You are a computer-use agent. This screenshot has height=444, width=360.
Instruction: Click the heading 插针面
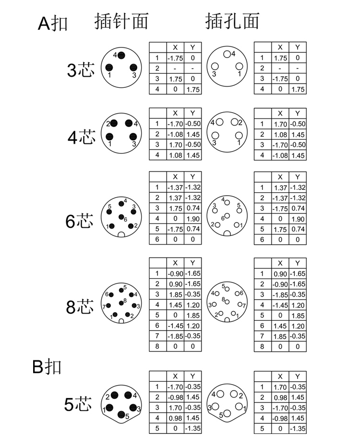click(121, 21)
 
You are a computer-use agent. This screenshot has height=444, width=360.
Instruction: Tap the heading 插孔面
click(232, 21)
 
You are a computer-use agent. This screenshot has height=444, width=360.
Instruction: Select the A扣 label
click(53, 23)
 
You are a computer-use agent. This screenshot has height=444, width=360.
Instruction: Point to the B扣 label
click(47, 366)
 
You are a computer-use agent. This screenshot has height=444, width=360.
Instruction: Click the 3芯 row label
click(81, 70)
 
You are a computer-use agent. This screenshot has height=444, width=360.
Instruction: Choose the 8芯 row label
click(80, 306)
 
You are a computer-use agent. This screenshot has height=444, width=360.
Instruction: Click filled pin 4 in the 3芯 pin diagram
click(121, 55)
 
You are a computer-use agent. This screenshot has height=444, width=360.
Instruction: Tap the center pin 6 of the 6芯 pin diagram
click(121, 217)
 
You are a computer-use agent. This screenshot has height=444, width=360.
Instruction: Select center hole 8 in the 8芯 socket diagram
click(227, 302)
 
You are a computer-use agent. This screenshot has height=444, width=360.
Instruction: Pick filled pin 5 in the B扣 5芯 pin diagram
click(121, 414)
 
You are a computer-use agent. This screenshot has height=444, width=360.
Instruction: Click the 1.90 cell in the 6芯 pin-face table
click(193, 219)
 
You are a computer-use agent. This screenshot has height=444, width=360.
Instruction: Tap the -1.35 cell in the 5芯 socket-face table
click(298, 429)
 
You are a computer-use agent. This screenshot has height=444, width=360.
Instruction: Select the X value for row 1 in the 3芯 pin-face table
click(175, 58)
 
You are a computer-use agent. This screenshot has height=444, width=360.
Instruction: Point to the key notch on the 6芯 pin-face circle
click(121, 234)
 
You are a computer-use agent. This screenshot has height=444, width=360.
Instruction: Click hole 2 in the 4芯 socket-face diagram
click(234, 122)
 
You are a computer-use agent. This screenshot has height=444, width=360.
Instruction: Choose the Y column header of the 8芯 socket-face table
click(298, 263)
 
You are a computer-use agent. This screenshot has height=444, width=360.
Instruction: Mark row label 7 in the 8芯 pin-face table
click(157, 336)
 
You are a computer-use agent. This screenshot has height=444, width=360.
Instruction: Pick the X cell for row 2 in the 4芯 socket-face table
click(280, 135)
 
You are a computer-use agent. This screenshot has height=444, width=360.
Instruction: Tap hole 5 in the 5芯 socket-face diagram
click(227, 413)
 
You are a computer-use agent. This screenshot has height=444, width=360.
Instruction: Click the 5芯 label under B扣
click(78, 404)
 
